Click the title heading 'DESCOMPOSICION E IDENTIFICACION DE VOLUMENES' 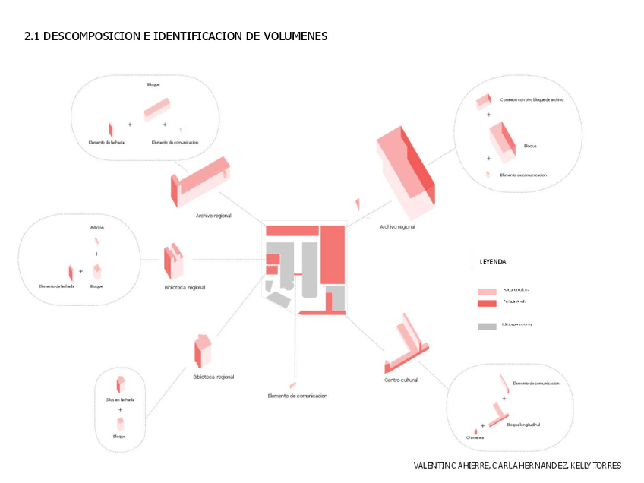click(x=185, y=36)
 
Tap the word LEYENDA click(x=493, y=262)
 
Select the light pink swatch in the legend click(x=487, y=292)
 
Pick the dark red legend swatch click(x=487, y=303)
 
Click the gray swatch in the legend click(x=487, y=326)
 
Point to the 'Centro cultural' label click(x=400, y=380)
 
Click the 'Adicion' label click(x=96, y=228)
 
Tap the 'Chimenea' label click(x=475, y=437)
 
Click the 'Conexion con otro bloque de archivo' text click(x=532, y=99)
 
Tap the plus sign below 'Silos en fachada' click(x=119, y=409)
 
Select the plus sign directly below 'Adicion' click(x=96, y=254)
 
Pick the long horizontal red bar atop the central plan click(x=292, y=230)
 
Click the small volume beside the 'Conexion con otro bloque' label click(x=482, y=100)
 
